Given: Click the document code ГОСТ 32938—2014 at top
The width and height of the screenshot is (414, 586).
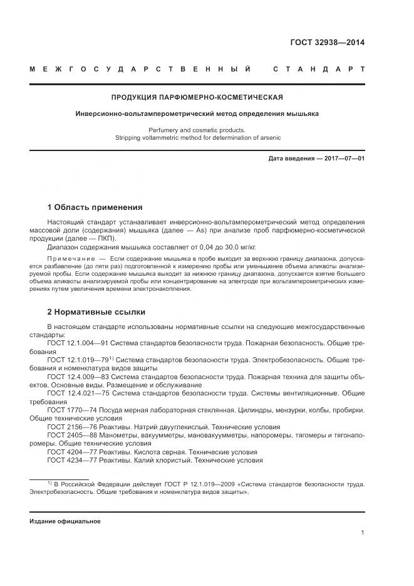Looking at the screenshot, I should (327, 43).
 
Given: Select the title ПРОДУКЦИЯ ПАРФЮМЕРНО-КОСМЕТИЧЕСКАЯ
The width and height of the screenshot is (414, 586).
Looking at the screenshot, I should (197, 97).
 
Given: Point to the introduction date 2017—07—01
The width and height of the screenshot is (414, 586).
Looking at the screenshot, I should (344, 159).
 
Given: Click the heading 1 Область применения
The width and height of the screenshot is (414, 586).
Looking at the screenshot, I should (95, 207).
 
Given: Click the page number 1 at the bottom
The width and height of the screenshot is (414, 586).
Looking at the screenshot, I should (363, 533).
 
